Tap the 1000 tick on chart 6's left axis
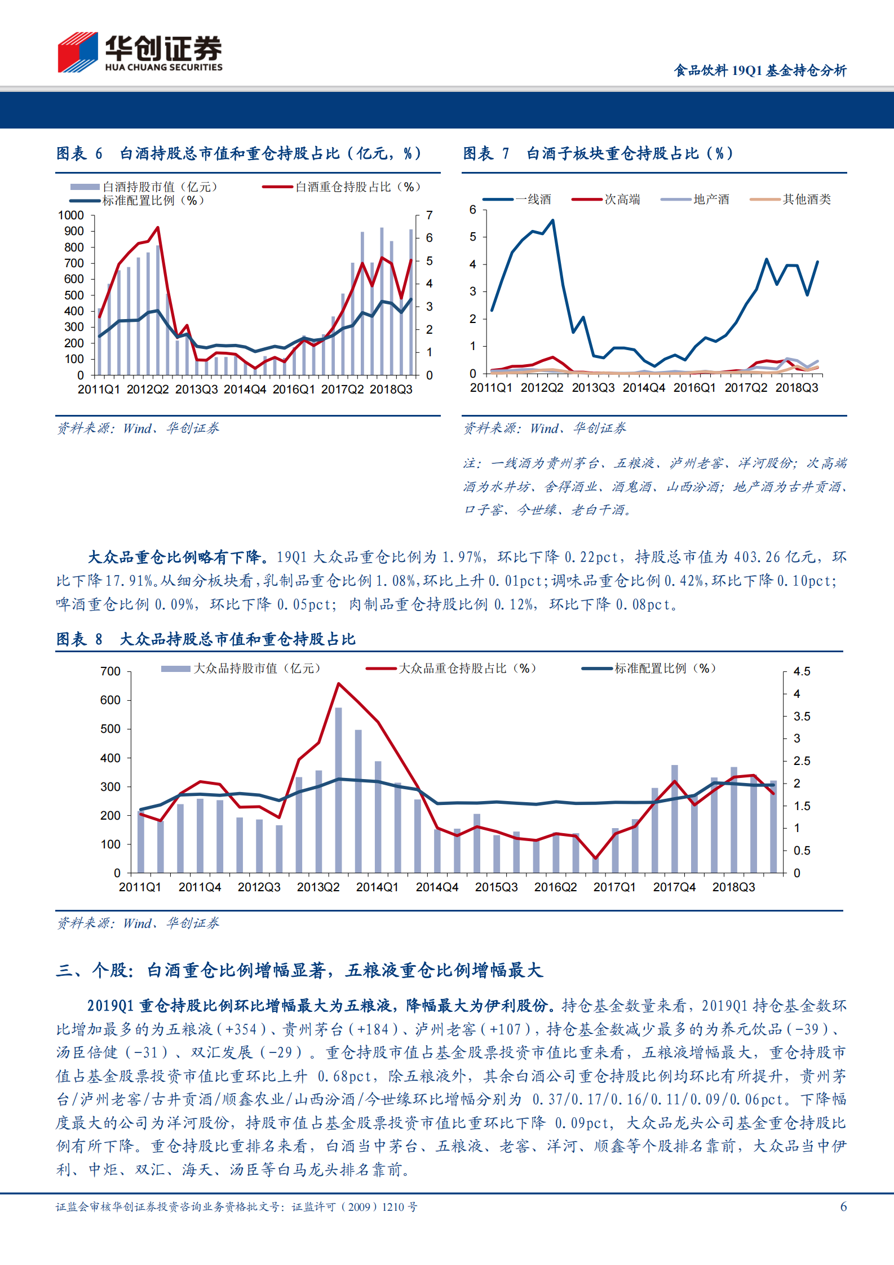pos(70,215)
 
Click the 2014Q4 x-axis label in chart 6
pos(245,390)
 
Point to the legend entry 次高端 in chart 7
pos(622,199)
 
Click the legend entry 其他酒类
pos(806,199)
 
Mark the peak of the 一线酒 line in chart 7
pos(553,220)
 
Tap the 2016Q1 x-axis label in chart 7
pos(694,388)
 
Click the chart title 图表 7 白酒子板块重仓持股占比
pos(598,153)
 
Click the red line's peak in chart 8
pos(338,684)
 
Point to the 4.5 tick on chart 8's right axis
pos(802,671)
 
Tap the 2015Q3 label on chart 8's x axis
pos(496,887)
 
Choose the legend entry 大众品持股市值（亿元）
pos(256,669)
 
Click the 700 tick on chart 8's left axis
pos(110,671)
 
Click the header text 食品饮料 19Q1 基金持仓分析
pos(760,70)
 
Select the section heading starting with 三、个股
pos(299,970)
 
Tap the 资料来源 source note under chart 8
pos(138,923)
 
